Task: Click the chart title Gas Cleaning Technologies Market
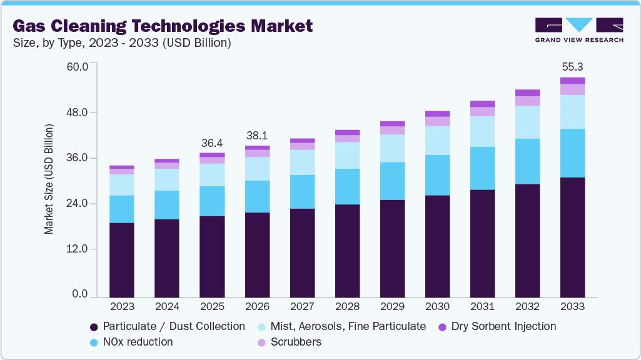[163, 26]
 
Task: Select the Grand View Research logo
[578, 29]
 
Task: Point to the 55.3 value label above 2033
[572, 66]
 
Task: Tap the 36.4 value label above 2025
[212, 142]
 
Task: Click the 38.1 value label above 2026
[257, 135]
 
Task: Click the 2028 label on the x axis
[347, 307]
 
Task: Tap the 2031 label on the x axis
[482, 307]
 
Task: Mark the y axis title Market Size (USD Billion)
[49, 179]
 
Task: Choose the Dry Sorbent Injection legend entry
[497, 326]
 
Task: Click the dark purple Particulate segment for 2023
[122, 259]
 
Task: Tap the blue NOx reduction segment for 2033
[572, 153]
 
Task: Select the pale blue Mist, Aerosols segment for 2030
[437, 140]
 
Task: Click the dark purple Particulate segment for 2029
[392, 248]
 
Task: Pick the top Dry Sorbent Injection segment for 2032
[527, 92]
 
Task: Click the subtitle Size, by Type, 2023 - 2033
[123, 43]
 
